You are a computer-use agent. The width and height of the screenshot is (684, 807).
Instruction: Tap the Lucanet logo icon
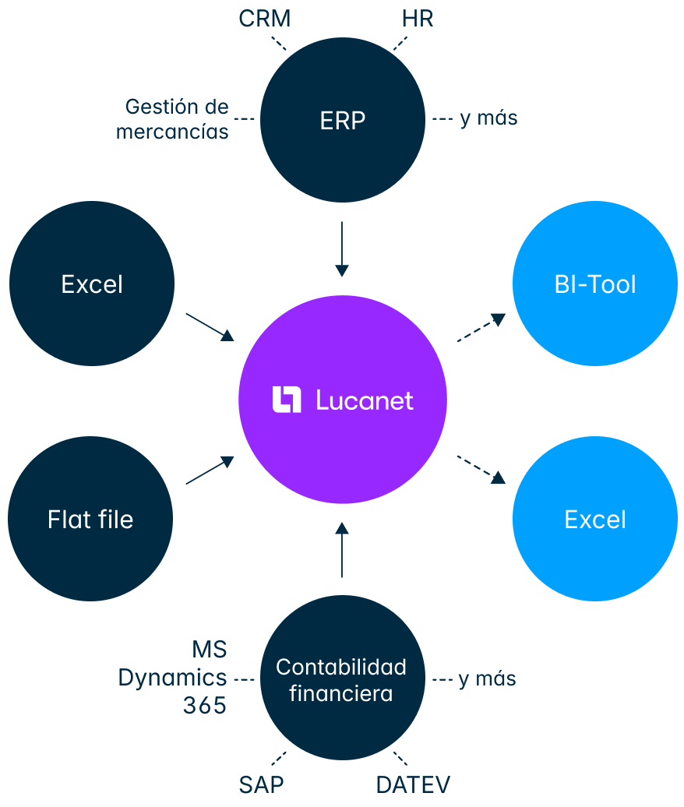coord(287,400)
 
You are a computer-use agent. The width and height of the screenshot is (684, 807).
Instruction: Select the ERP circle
coord(342,120)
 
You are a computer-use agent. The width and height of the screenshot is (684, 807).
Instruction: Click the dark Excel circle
coord(92,284)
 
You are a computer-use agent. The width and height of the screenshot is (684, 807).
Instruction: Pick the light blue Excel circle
coord(594,519)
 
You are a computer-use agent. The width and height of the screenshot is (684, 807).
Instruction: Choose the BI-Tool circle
coord(594,284)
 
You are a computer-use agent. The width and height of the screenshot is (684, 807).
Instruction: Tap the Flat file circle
coord(90,519)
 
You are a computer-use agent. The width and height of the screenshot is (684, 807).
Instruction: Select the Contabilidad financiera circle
coord(341,679)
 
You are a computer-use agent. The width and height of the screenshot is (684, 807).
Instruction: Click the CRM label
coord(265,19)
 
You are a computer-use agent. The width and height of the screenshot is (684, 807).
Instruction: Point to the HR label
coord(418,19)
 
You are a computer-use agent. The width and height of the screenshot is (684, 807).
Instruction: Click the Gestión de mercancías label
coord(174,118)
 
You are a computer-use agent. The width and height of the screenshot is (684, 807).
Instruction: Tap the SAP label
coord(262,784)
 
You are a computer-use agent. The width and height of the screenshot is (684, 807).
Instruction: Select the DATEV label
coord(413,784)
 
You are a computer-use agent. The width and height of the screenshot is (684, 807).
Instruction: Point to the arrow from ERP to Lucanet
coord(341,249)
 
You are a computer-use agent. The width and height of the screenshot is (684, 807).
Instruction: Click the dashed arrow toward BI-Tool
coord(481,329)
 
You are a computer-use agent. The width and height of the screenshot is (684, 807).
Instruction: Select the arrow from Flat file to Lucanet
coord(210,470)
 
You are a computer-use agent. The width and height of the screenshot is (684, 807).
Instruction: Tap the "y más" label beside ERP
coord(488,118)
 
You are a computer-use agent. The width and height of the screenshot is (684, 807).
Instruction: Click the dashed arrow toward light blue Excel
coord(481,470)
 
